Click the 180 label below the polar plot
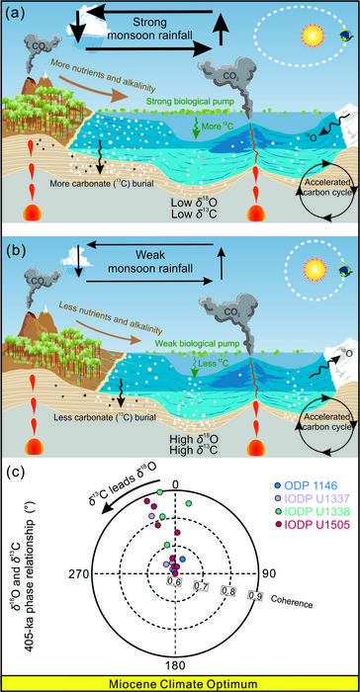click(176, 666)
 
